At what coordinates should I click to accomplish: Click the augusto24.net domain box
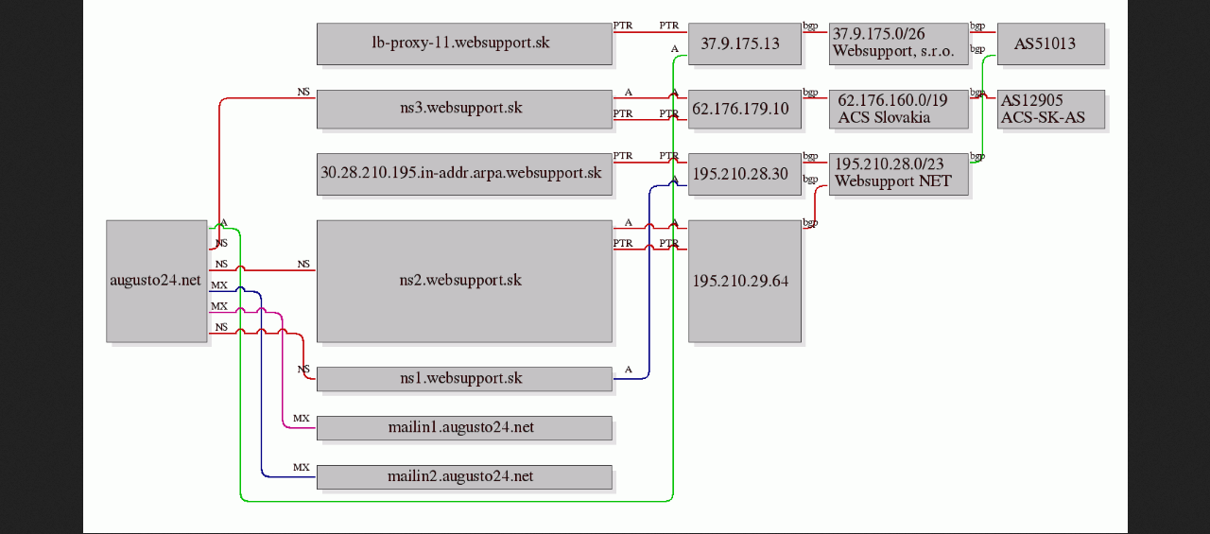(x=157, y=281)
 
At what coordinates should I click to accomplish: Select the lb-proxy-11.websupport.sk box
(x=464, y=43)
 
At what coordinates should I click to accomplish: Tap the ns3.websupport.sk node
(x=464, y=109)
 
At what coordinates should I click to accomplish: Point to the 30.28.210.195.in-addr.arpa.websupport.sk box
(x=464, y=175)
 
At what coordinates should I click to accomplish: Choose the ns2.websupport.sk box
(x=464, y=281)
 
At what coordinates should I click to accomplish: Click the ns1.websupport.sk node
(x=464, y=379)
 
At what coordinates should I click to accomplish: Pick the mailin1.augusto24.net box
(x=464, y=428)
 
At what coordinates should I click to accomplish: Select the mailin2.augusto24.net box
(x=464, y=477)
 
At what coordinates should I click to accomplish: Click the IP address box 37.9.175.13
(x=745, y=43)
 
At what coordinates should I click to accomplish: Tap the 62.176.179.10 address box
(x=745, y=109)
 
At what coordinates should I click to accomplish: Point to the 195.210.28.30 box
(x=745, y=175)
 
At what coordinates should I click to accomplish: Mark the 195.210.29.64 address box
(x=745, y=281)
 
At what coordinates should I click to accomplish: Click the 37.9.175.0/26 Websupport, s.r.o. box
(x=899, y=43)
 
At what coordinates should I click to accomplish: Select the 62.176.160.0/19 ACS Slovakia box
(x=899, y=109)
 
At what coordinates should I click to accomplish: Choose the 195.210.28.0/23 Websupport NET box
(x=899, y=175)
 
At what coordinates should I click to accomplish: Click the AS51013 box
(x=1051, y=43)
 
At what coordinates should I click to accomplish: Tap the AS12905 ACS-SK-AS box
(x=1051, y=109)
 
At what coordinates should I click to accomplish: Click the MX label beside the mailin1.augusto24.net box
(x=302, y=419)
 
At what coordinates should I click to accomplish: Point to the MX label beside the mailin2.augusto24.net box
(x=302, y=468)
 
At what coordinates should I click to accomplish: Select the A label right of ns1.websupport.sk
(x=629, y=370)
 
